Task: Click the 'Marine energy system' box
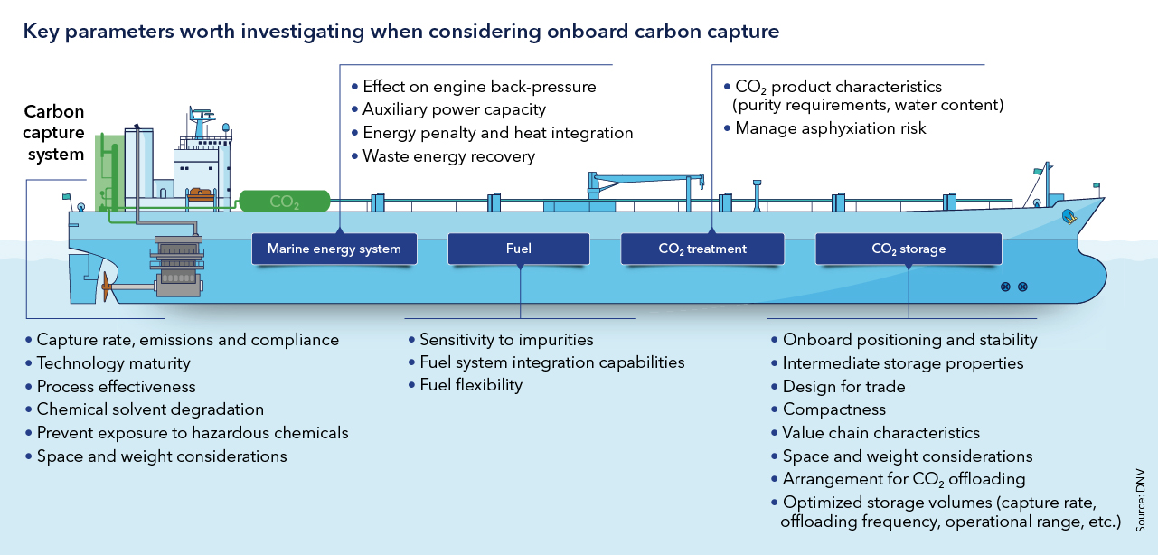coord(334,249)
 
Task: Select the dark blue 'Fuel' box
coord(519,249)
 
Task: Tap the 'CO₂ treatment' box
coord(701,249)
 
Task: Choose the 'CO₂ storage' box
coord(909,249)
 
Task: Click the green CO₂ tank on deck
coord(284,202)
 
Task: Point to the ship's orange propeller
coord(108,288)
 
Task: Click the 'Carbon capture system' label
coord(54,133)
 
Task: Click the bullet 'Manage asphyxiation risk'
coord(831,128)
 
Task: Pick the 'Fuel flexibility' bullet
coord(471,385)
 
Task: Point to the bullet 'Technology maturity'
coord(113,363)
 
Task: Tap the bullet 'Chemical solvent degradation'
coord(150,409)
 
